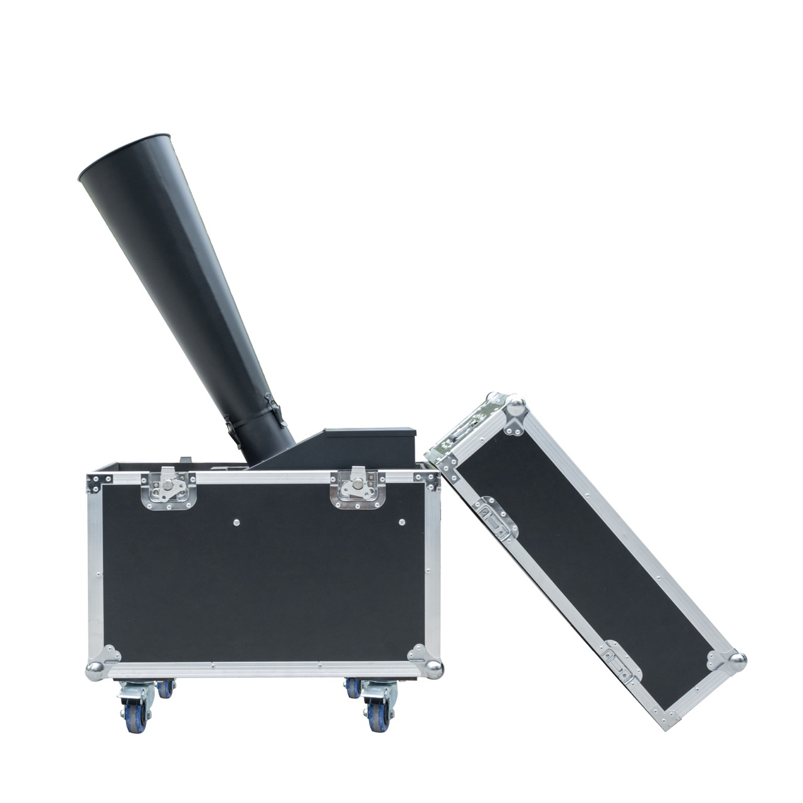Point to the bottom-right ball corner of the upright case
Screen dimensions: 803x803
(x=433, y=666)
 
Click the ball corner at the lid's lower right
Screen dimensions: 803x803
(x=738, y=660)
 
